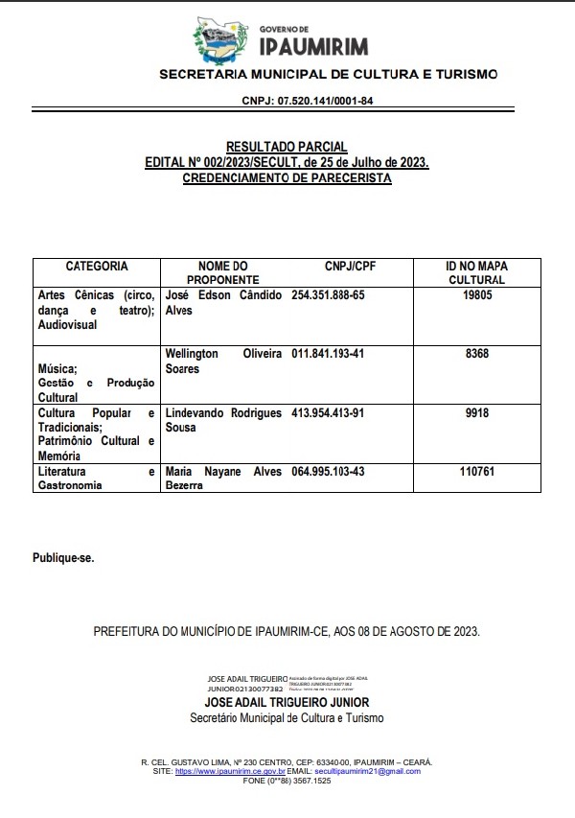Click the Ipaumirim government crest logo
219,42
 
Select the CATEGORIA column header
97,266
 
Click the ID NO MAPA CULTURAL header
476,272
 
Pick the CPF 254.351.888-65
328,295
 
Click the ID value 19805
476,296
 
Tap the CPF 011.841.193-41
328,354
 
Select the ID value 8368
476,354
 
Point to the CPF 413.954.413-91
328,413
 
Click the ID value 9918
476,413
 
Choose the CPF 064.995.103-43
328,472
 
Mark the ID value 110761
476,472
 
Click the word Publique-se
64,557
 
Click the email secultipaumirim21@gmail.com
366,771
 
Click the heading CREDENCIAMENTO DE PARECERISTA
287,178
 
